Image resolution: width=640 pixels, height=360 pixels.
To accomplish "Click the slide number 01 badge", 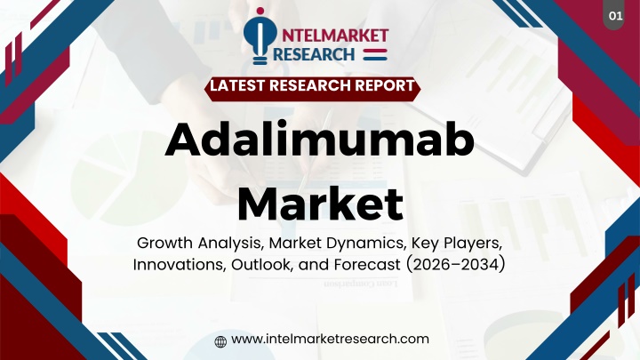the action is (x=615, y=15).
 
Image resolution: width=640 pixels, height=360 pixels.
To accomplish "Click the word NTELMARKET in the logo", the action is (x=335, y=36).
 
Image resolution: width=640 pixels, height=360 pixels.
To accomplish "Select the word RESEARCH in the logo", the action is (x=314, y=54).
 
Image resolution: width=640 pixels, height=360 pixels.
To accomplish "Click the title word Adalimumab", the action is (x=320, y=140).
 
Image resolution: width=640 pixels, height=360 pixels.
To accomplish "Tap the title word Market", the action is (x=321, y=203).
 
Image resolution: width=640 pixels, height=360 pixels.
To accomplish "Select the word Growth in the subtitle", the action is (x=165, y=244).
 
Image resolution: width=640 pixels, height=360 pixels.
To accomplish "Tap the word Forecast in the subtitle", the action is (x=367, y=265).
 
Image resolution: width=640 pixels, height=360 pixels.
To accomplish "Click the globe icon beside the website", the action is (x=220, y=341).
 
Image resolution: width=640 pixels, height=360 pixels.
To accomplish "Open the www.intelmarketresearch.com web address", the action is (x=330, y=339).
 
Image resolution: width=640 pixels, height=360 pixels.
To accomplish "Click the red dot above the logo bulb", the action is (x=260, y=11).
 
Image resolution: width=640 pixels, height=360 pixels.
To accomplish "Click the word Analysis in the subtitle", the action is (x=230, y=244).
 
